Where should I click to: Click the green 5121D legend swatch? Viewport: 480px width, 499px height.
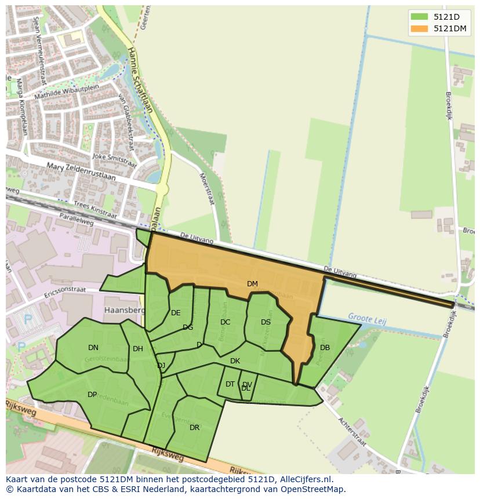(x=419, y=17)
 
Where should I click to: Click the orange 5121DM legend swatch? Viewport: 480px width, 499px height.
(x=419, y=28)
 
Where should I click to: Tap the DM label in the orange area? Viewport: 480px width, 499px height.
(x=252, y=284)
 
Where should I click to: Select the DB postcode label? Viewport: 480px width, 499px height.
(x=325, y=348)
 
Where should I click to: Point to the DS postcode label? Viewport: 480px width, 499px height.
(x=266, y=322)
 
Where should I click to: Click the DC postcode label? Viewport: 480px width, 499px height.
(x=226, y=322)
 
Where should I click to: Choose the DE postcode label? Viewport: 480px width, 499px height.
(x=176, y=313)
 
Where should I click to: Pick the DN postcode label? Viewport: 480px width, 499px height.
(x=93, y=348)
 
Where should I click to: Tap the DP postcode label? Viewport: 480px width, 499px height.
(x=92, y=395)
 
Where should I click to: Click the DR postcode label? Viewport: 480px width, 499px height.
(x=194, y=428)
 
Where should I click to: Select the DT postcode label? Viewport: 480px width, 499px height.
(x=230, y=384)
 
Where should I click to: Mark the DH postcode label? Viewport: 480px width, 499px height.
(x=137, y=349)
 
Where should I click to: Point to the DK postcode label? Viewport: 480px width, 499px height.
(x=235, y=361)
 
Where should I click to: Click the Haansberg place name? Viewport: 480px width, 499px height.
(x=123, y=310)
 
